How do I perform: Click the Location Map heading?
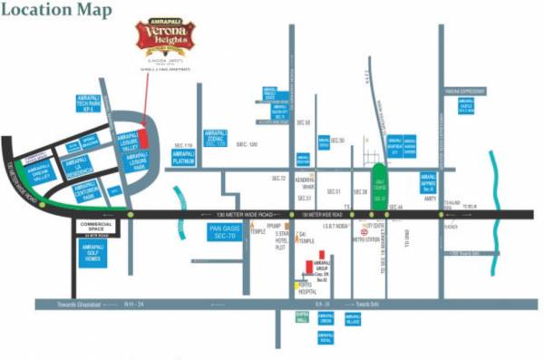pos(57,12)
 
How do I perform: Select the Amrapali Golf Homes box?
pos(92,254)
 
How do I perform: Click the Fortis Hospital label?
pos(308,287)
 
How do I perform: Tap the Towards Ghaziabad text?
pos(69,305)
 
